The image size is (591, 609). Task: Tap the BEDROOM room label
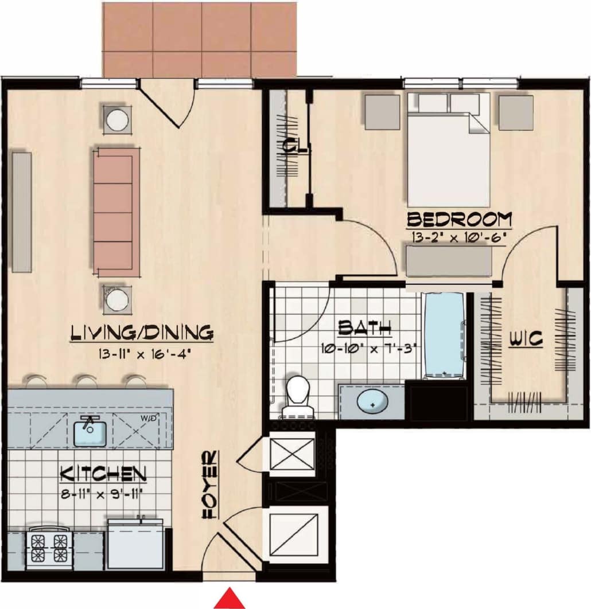(x=459, y=220)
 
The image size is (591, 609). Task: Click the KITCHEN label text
(x=104, y=474)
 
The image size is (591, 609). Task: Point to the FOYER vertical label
(x=209, y=485)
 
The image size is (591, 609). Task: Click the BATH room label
(x=364, y=328)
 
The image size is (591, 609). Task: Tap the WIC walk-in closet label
(x=526, y=339)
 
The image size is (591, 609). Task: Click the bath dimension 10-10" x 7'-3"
(x=367, y=348)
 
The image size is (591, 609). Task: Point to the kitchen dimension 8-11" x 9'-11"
(x=101, y=493)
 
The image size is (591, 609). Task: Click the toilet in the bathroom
(x=298, y=395)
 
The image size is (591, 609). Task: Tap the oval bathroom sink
(x=372, y=403)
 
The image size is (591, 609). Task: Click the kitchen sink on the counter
(x=91, y=431)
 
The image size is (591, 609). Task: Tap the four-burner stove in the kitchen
(x=49, y=548)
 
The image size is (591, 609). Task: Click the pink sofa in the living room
(x=116, y=213)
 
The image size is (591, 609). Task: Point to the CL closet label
(x=295, y=147)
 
